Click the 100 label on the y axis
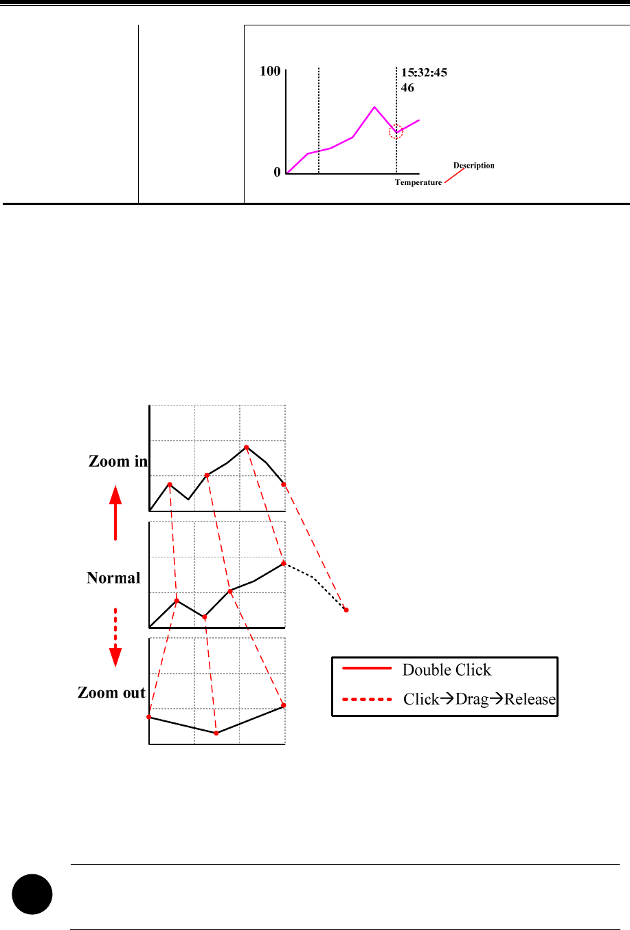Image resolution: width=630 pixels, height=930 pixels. [270, 71]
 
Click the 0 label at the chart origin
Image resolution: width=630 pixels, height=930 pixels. [278, 173]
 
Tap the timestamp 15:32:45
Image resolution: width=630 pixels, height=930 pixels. [424, 73]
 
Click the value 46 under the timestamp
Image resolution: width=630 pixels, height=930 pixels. [407, 88]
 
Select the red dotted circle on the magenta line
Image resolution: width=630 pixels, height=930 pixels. [396, 132]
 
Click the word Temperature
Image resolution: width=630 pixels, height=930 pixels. [418, 183]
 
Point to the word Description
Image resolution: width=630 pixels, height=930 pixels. [473, 166]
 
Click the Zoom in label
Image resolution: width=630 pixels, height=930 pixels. [118, 461]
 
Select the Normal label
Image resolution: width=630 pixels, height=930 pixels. [113, 578]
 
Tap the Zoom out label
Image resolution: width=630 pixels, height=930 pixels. [111, 693]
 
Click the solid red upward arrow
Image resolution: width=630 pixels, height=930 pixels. [115, 512]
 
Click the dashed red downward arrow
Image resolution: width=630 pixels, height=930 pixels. [115, 637]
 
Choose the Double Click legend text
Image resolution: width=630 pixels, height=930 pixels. [447, 670]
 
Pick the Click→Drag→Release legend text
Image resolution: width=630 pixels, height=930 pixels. [479, 700]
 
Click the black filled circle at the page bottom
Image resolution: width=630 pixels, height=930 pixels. [32, 894]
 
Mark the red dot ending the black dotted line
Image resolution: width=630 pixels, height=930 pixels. [346, 610]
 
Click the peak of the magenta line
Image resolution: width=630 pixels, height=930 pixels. [374, 107]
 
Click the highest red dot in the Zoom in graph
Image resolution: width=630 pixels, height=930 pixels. [247, 447]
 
